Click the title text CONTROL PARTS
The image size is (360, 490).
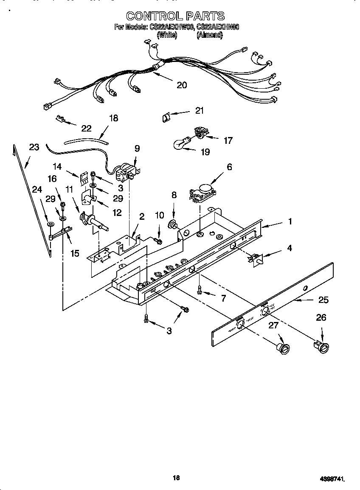[175, 16]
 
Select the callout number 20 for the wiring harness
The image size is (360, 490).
[182, 85]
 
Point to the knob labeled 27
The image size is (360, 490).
[282, 348]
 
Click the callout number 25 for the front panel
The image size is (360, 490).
[323, 300]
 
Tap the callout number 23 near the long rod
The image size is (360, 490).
[34, 148]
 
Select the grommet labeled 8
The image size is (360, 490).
[173, 224]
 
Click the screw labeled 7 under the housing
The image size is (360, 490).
[200, 290]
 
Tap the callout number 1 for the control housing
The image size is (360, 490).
[290, 221]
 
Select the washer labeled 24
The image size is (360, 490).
[50, 224]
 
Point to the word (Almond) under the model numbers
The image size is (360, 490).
[209, 35]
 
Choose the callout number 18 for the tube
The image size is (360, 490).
[114, 118]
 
